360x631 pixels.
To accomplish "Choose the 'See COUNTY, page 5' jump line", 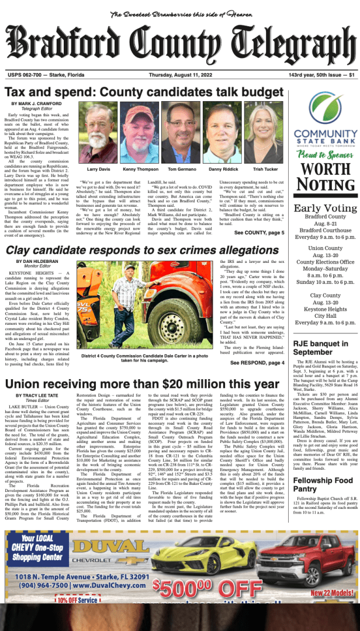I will pos(259,233).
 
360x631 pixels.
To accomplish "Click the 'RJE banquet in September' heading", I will pos(321,348).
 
